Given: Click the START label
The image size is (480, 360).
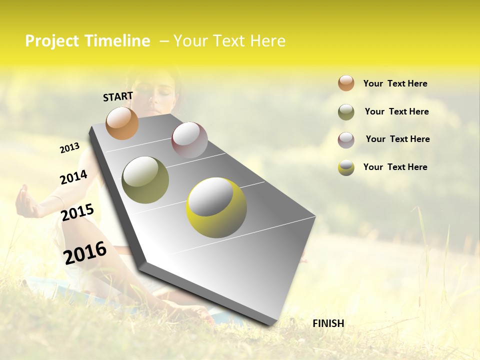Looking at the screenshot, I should point(118,96).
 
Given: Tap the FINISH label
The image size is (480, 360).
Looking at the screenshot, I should point(328,323).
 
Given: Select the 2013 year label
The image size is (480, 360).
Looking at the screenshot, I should point(69,148).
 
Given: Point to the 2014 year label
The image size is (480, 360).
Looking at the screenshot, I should point(73,177).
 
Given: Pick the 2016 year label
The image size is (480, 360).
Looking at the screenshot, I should point(85,252).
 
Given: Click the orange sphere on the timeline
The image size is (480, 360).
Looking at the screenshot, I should point(122,123).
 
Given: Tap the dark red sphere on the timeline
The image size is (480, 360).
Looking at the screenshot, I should point(189,140).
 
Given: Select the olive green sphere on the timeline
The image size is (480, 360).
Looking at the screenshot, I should point(145,180).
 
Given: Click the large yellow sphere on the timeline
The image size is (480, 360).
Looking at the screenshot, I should point(216,207).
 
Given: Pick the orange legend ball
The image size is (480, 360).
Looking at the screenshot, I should point(346,83).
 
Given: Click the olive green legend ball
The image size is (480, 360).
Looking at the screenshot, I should point(346,112).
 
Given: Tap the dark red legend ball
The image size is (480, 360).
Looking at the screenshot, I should point(346,140).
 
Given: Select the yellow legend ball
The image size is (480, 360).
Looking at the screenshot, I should point(346,167).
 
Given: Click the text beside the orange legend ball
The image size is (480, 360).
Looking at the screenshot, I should point(395,83).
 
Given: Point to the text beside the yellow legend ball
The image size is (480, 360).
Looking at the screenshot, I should point(395,167).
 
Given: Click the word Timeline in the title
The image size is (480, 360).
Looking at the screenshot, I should point(117,41).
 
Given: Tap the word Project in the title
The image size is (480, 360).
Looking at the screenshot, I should point(51,41).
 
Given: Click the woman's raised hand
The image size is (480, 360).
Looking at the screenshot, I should point(25,201).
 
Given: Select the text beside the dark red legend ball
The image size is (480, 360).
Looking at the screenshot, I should point(397,139).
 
